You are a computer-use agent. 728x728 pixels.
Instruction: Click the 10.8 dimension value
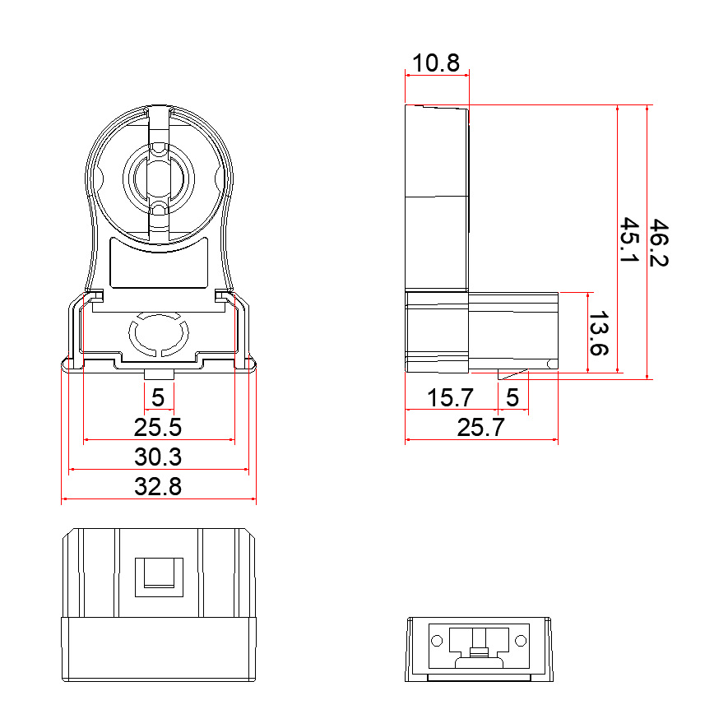coord(436,63)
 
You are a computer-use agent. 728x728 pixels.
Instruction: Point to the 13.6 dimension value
coord(600,333)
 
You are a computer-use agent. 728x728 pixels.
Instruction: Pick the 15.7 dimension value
coord(450,398)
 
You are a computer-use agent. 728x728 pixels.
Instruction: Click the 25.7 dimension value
coord(481,427)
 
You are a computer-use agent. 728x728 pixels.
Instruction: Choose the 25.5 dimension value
coord(158,427)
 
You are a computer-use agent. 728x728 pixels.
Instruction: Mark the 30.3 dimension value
coord(158,457)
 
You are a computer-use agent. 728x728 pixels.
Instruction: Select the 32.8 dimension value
coord(158,486)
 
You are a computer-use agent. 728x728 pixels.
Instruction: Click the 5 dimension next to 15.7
coord(512,398)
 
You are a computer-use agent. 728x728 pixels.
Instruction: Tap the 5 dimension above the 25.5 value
coord(159,398)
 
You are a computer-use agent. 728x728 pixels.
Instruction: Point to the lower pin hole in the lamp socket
coord(159,209)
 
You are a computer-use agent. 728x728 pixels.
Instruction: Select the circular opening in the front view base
coord(159,333)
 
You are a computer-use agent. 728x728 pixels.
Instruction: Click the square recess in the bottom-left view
coord(159,574)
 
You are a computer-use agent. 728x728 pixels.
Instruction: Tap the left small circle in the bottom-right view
coord(437,640)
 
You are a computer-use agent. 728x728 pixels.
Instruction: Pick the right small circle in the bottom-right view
coord(520,640)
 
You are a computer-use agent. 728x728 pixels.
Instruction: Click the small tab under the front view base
coord(159,375)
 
